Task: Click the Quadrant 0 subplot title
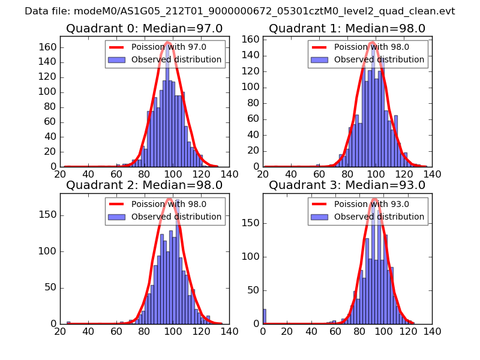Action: [144, 28]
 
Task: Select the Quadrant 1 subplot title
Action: [347, 28]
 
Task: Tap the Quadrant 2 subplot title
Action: [144, 185]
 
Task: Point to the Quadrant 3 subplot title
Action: [347, 185]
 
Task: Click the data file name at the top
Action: [240, 11]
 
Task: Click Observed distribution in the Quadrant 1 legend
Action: [379, 59]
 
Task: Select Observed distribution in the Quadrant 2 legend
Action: [176, 217]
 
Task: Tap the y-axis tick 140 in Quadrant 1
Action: [252, 55]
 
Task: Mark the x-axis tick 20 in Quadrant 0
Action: [60, 175]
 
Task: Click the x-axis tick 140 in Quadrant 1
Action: [432, 175]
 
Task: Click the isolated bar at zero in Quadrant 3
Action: [265, 316]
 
